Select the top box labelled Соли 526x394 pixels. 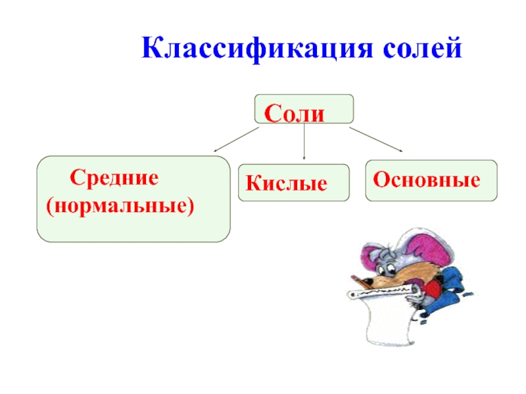tap(304, 109)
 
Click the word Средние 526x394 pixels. tap(116, 177)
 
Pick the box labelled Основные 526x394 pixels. tap(431, 180)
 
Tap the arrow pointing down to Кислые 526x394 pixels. tap(304, 143)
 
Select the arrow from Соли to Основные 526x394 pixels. tap(375, 140)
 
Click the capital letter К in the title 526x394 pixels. tap(151, 50)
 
